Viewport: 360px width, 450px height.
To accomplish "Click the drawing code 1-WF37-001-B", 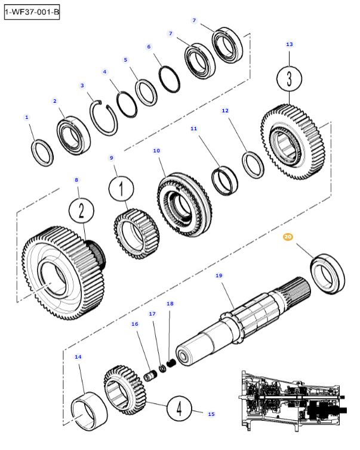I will click(32, 11).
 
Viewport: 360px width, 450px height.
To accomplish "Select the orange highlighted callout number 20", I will click(288, 237).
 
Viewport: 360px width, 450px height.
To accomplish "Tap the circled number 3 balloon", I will click(290, 79).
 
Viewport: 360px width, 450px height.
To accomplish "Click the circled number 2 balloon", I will click(82, 211).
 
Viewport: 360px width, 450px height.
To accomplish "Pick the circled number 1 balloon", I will click(120, 190).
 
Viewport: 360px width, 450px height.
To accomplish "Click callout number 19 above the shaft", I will click(219, 276).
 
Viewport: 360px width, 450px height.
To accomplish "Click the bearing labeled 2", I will click(74, 134).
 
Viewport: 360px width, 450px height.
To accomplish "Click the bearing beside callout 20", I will click(326, 273).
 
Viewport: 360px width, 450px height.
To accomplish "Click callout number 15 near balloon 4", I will click(210, 414).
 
